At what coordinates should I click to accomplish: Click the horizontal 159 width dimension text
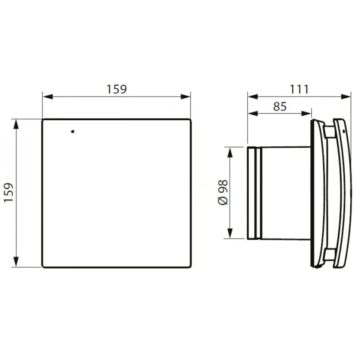point(116,89)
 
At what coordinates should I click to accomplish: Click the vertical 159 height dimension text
point(9,193)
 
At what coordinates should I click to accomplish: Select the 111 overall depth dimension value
point(299,89)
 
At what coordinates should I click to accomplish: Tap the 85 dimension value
point(280,106)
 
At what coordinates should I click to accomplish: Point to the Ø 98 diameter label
point(223,192)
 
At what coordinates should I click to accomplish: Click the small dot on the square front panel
point(72,131)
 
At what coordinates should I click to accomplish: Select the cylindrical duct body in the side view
point(286,193)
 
